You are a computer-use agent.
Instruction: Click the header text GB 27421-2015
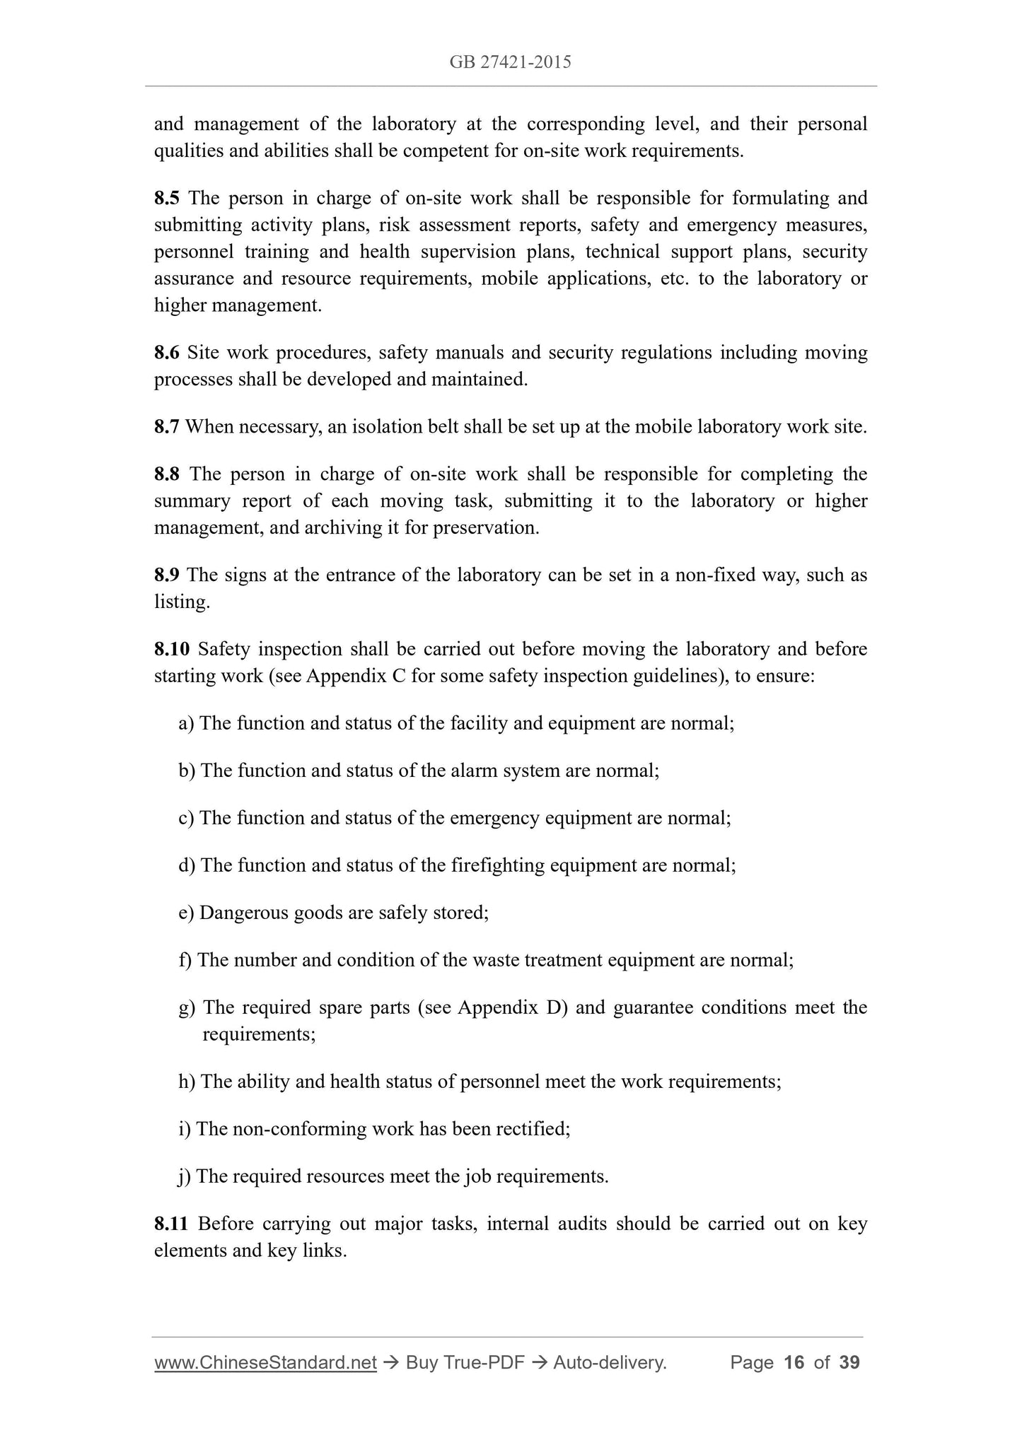pyautogui.click(x=510, y=62)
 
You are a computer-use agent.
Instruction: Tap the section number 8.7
pyautogui.click(x=166, y=427)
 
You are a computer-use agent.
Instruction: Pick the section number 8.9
pyautogui.click(x=167, y=575)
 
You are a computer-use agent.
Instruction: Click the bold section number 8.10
pyautogui.click(x=172, y=650)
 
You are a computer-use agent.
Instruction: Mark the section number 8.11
pyautogui.click(x=171, y=1224)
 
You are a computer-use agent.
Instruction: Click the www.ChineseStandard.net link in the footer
pyautogui.click(x=265, y=1363)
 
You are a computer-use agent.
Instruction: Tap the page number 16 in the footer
pyautogui.click(x=794, y=1363)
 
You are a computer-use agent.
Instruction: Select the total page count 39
pyautogui.click(x=849, y=1363)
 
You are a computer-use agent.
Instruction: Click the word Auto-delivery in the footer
pyautogui.click(x=610, y=1363)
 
